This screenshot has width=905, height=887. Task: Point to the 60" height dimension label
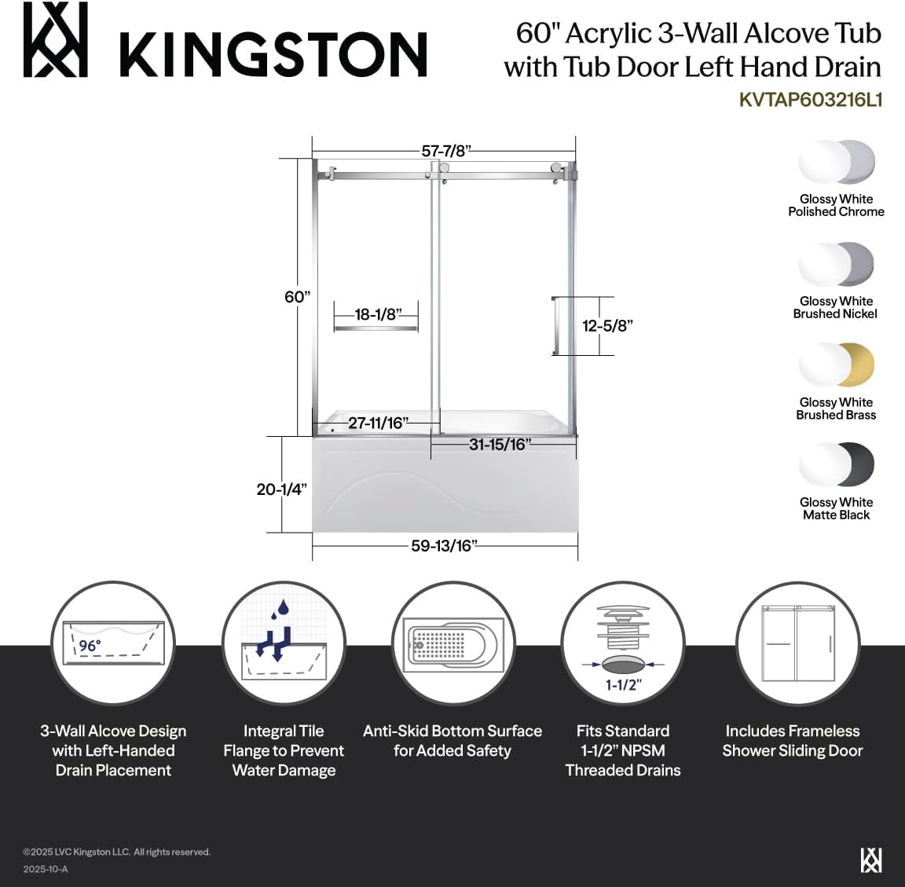click(x=298, y=297)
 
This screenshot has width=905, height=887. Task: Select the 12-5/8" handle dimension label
click(x=607, y=325)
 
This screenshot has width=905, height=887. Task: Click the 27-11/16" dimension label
click(x=379, y=423)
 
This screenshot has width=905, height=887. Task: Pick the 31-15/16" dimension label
click(x=500, y=444)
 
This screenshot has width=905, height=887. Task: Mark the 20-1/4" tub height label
click(x=281, y=489)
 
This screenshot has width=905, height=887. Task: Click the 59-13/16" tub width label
click(x=444, y=545)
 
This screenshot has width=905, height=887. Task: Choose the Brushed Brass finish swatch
click(x=837, y=365)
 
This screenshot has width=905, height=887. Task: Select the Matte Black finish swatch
click(x=837, y=465)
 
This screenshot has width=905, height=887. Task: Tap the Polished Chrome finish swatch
click(x=837, y=163)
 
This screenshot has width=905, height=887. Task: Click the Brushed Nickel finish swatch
click(x=837, y=264)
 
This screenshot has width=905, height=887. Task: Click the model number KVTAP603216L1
click(x=811, y=101)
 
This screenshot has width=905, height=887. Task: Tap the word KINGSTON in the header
click(x=273, y=54)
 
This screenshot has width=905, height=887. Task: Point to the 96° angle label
click(x=90, y=646)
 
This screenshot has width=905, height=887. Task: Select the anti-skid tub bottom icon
click(x=452, y=645)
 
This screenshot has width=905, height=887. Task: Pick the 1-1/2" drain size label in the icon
click(x=623, y=684)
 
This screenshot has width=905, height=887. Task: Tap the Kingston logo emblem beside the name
click(x=54, y=40)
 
